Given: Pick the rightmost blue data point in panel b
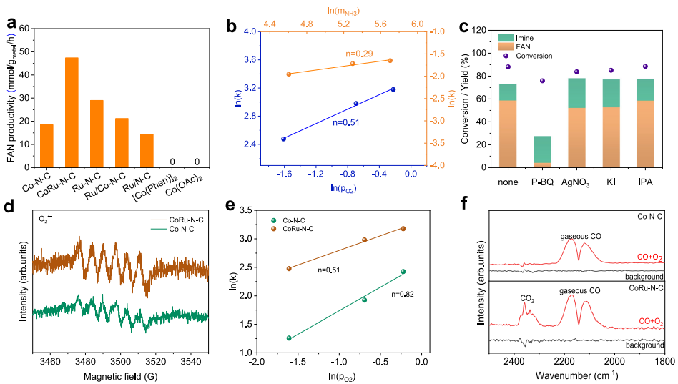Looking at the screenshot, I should click(393, 89).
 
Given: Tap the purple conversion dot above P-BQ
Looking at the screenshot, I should click(542, 81).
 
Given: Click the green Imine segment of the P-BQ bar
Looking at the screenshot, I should click(542, 149).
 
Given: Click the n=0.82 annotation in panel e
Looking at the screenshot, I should click(403, 294).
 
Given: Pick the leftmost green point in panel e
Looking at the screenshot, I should click(289, 338).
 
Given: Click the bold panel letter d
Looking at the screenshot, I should click(9, 208).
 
